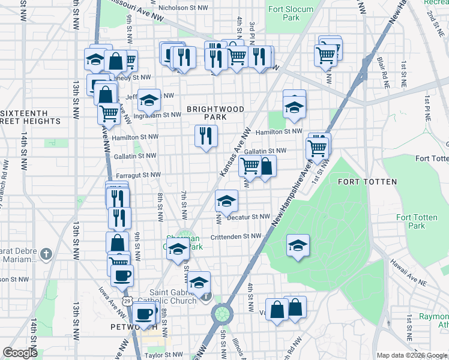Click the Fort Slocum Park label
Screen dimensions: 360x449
(284, 13)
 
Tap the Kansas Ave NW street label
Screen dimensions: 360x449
(235, 152)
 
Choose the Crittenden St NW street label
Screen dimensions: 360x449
(236, 236)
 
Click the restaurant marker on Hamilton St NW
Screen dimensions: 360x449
(205, 136)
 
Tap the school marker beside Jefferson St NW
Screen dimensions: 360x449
(149, 100)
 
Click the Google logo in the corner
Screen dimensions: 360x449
(20, 353)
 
